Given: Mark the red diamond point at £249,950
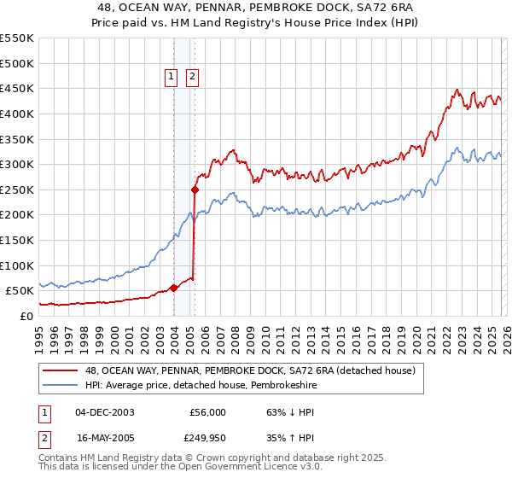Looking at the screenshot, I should pos(195,189).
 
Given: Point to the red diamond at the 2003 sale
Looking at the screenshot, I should pos(173,288).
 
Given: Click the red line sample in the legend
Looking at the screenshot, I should pos(61,370).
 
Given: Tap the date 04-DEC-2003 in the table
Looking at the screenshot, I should pos(104,412).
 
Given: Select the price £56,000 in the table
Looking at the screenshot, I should pos(207,412).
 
